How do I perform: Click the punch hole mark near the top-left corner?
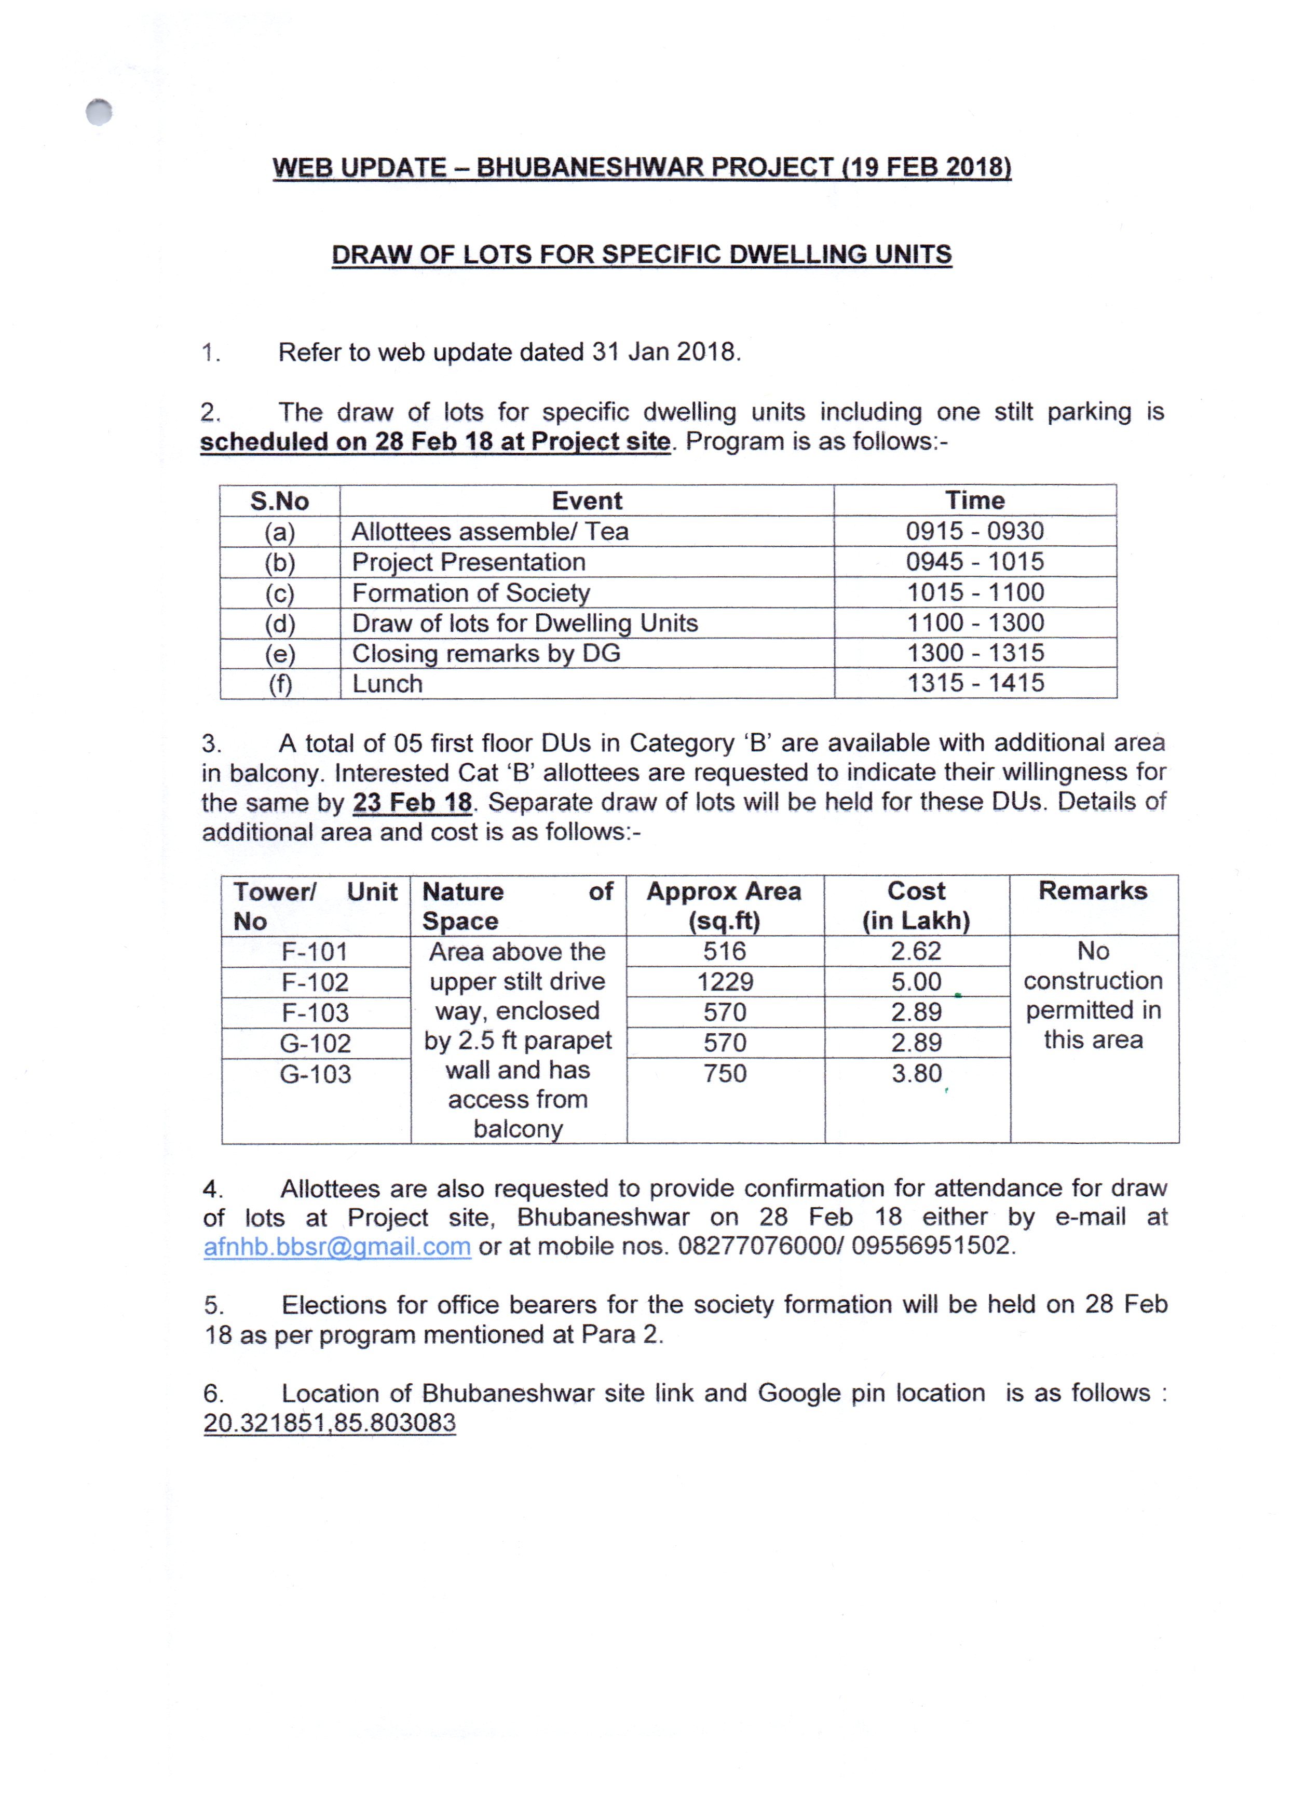(x=99, y=113)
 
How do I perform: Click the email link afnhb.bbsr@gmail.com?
(x=337, y=1246)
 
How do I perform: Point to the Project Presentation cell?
(x=468, y=562)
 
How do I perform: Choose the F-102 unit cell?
(x=315, y=982)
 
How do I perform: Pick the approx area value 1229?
(x=724, y=982)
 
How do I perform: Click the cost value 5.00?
(x=916, y=982)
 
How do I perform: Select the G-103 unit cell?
(x=315, y=1074)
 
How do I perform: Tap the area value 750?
(x=724, y=1074)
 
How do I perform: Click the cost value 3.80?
(x=916, y=1074)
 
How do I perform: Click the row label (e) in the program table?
(x=280, y=654)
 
